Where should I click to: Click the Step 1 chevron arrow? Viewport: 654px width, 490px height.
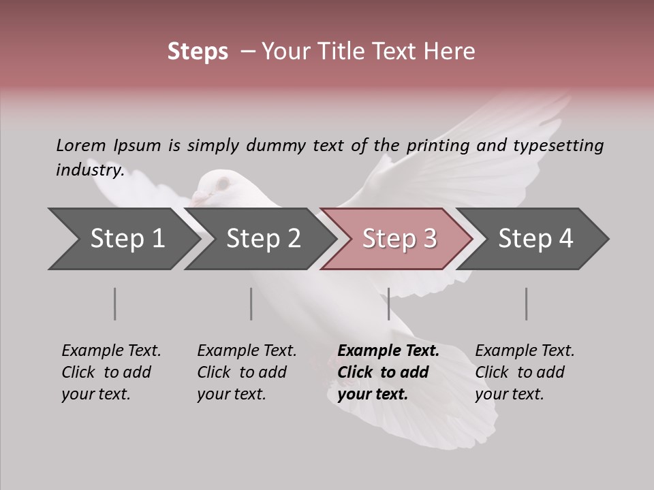(x=126, y=239)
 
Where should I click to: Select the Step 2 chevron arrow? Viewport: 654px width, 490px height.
(x=262, y=239)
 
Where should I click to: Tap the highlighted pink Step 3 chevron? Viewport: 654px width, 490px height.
(x=399, y=239)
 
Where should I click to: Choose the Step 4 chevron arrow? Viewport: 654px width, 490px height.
(x=535, y=239)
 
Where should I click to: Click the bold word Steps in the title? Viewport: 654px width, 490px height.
(x=198, y=52)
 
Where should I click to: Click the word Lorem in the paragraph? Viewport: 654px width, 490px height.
(x=80, y=145)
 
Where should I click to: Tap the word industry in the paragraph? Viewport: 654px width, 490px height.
(x=89, y=170)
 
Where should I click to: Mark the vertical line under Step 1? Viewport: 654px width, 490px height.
(x=115, y=304)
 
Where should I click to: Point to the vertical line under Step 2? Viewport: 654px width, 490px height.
(x=251, y=304)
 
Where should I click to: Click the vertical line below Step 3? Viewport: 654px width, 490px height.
(x=388, y=304)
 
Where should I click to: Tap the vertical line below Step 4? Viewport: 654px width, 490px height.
(x=526, y=304)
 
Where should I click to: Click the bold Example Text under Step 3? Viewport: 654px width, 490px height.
(x=388, y=351)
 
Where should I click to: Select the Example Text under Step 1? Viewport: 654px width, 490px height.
(x=111, y=351)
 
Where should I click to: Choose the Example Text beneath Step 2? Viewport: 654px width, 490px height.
(x=247, y=351)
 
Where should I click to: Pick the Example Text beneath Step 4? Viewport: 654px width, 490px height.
(x=525, y=351)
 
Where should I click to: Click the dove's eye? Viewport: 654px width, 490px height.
(x=223, y=182)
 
